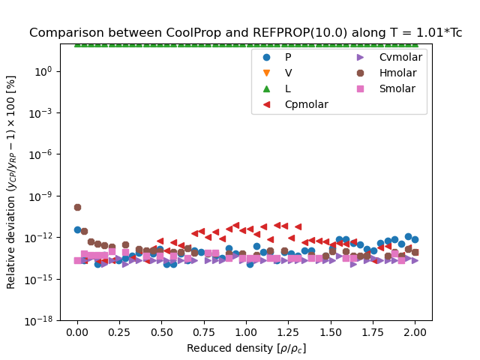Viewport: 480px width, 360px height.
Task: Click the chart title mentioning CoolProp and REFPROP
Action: [x=245, y=33]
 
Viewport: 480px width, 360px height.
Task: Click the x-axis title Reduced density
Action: [x=246, y=348]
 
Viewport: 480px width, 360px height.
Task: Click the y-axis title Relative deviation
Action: [x=11, y=181]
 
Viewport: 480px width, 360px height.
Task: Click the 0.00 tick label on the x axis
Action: [x=77, y=331]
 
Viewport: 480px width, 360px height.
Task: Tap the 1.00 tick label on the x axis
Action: [x=246, y=331]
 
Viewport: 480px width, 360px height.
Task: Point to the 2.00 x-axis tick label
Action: [x=415, y=331]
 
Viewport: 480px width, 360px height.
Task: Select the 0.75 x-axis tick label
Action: [x=204, y=331]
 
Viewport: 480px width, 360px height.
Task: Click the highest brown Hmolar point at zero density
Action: [x=77, y=207]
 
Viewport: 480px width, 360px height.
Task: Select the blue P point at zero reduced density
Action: [x=77, y=229]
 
